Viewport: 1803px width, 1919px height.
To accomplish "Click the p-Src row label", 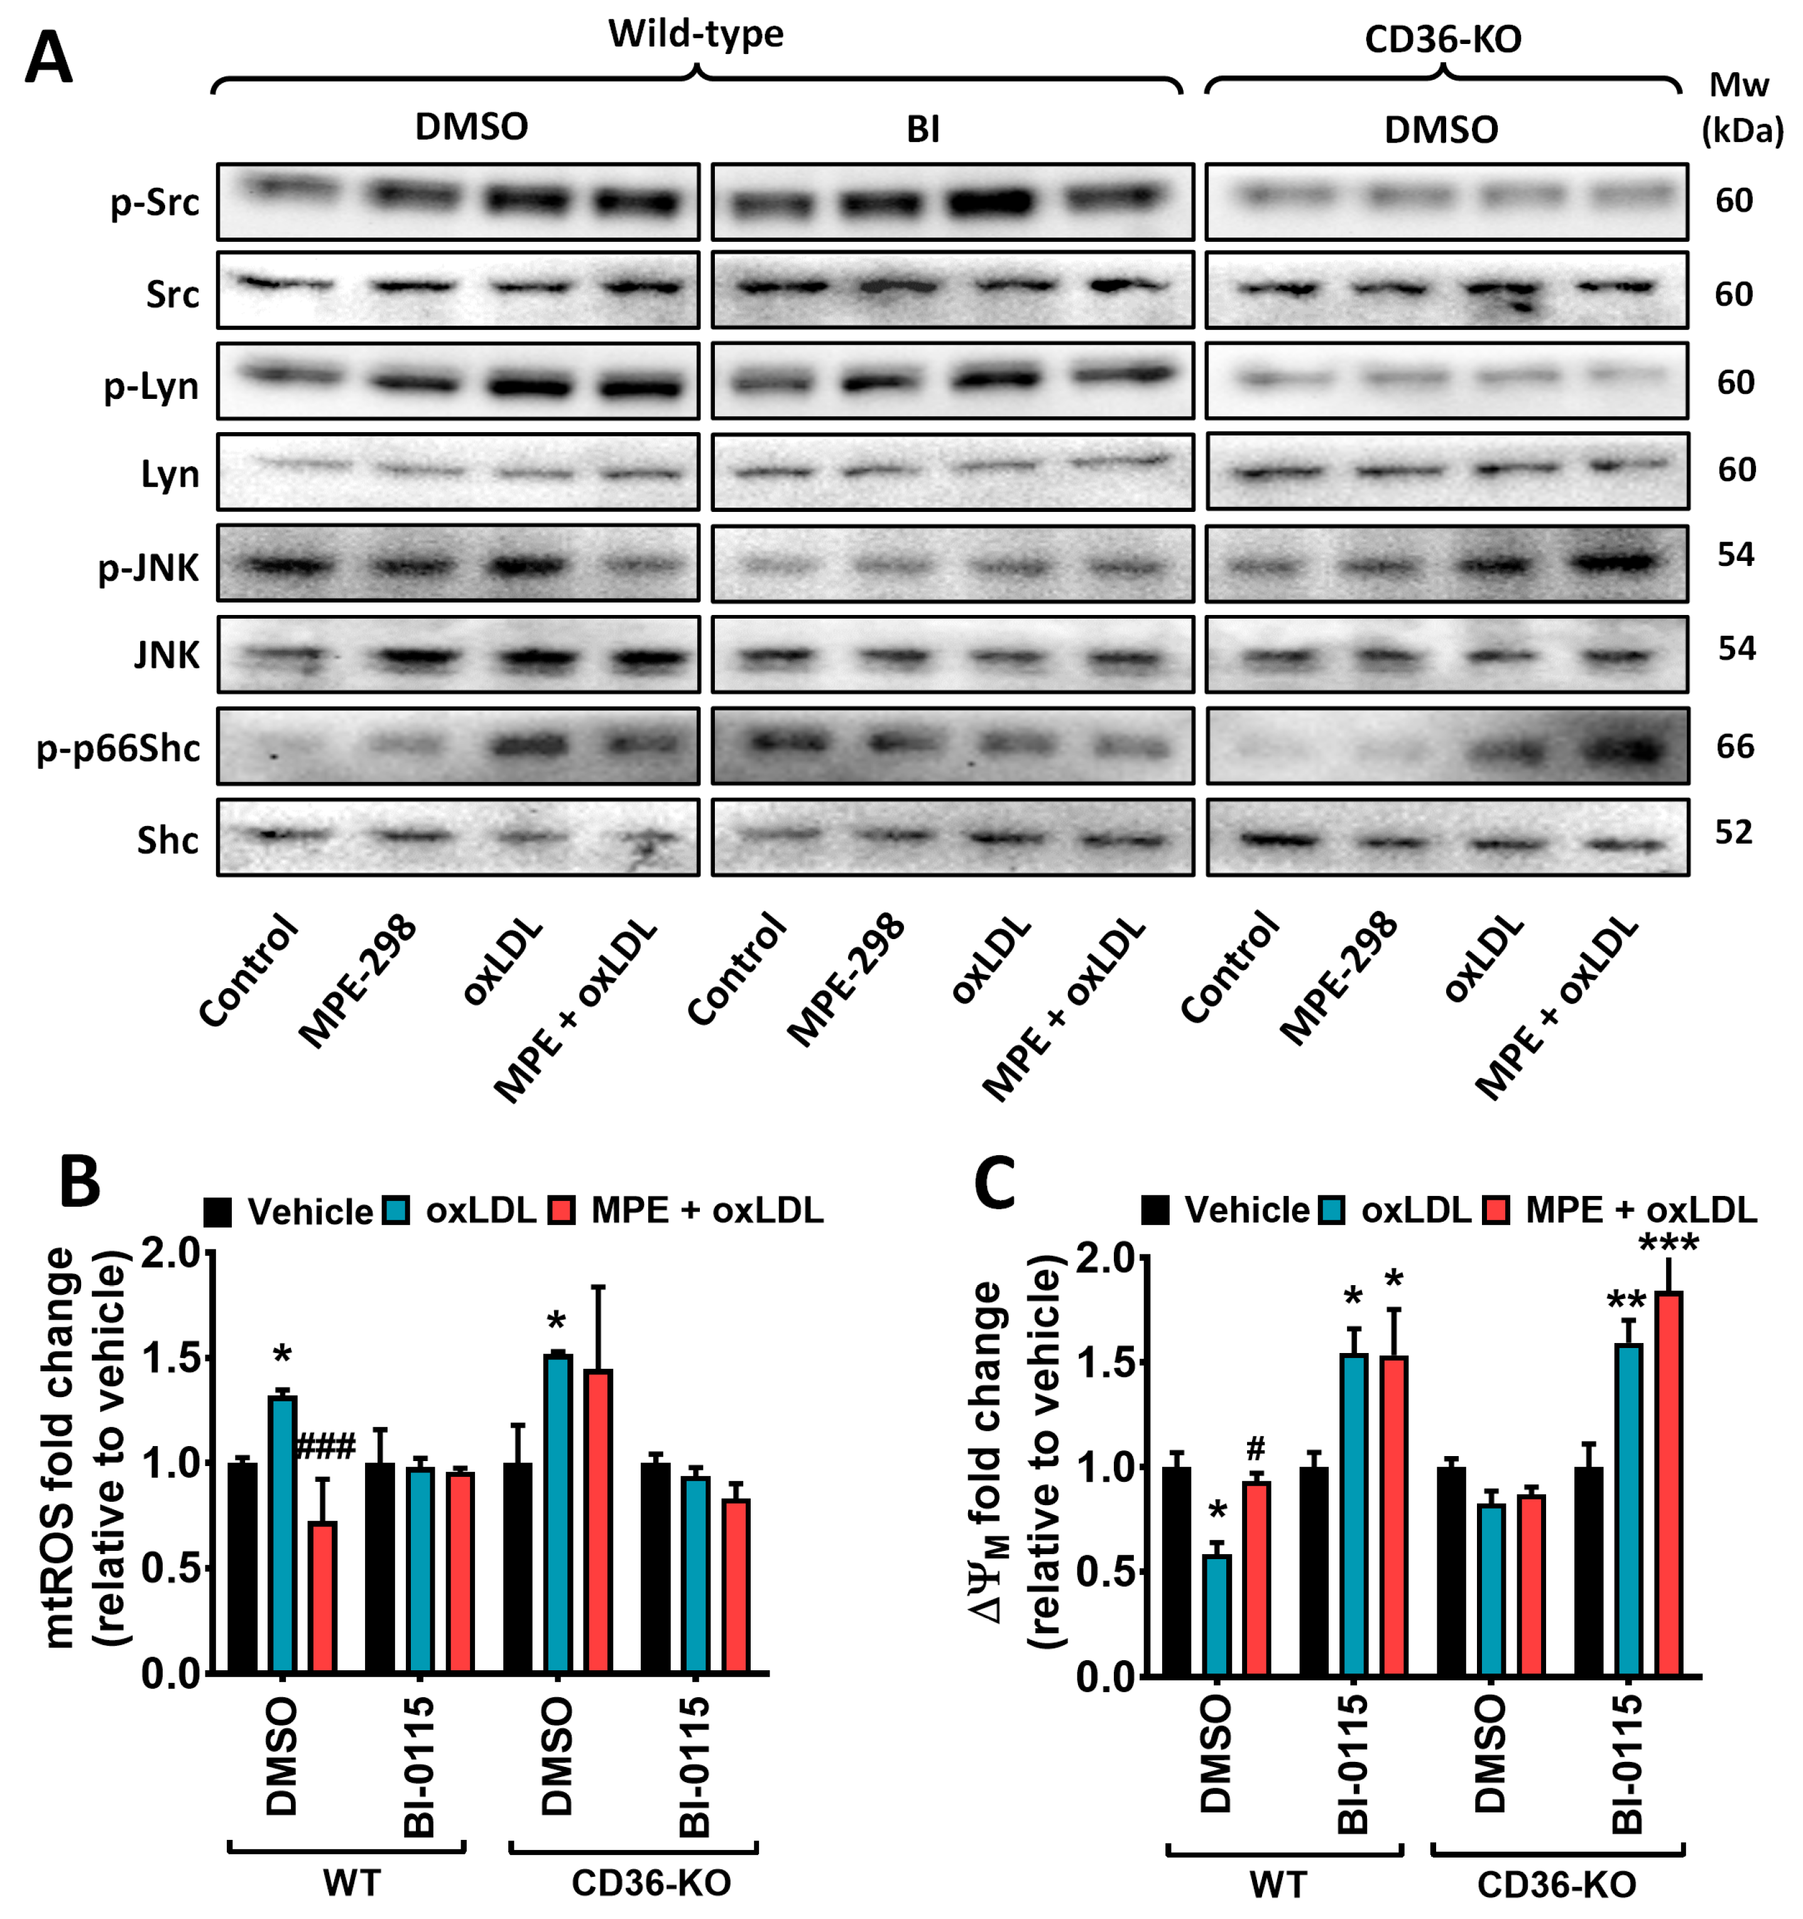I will pyautogui.click(x=155, y=202).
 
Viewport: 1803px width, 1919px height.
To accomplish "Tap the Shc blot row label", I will pyautogui.click(x=167, y=840).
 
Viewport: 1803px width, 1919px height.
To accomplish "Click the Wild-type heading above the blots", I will pyautogui.click(x=695, y=34).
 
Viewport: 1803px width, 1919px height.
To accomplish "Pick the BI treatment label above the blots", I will pyautogui.click(x=923, y=128).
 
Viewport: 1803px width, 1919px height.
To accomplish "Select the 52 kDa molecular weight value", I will pyautogui.click(x=1733, y=832).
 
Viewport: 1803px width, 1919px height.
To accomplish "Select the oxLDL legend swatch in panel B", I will pyautogui.click(x=396, y=1210).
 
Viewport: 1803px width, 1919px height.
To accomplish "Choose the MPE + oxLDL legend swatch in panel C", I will pyautogui.click(x=1495, y=1210).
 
